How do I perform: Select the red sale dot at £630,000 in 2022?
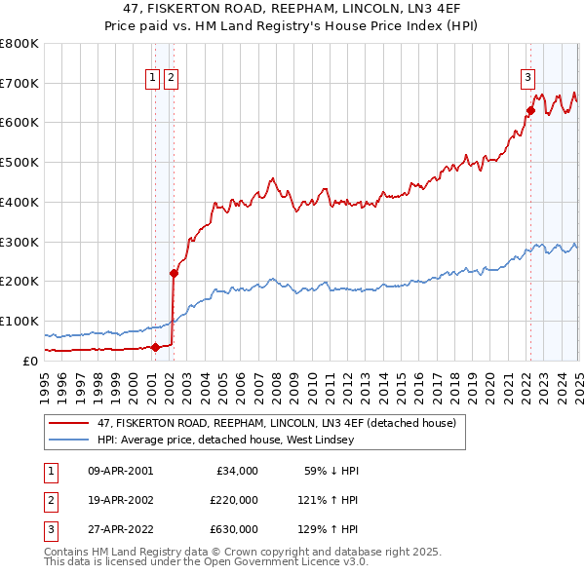531,110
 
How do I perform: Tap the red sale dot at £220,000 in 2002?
174,273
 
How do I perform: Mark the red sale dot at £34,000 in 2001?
155,346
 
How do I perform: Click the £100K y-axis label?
19,321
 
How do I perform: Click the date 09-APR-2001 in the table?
120,471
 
